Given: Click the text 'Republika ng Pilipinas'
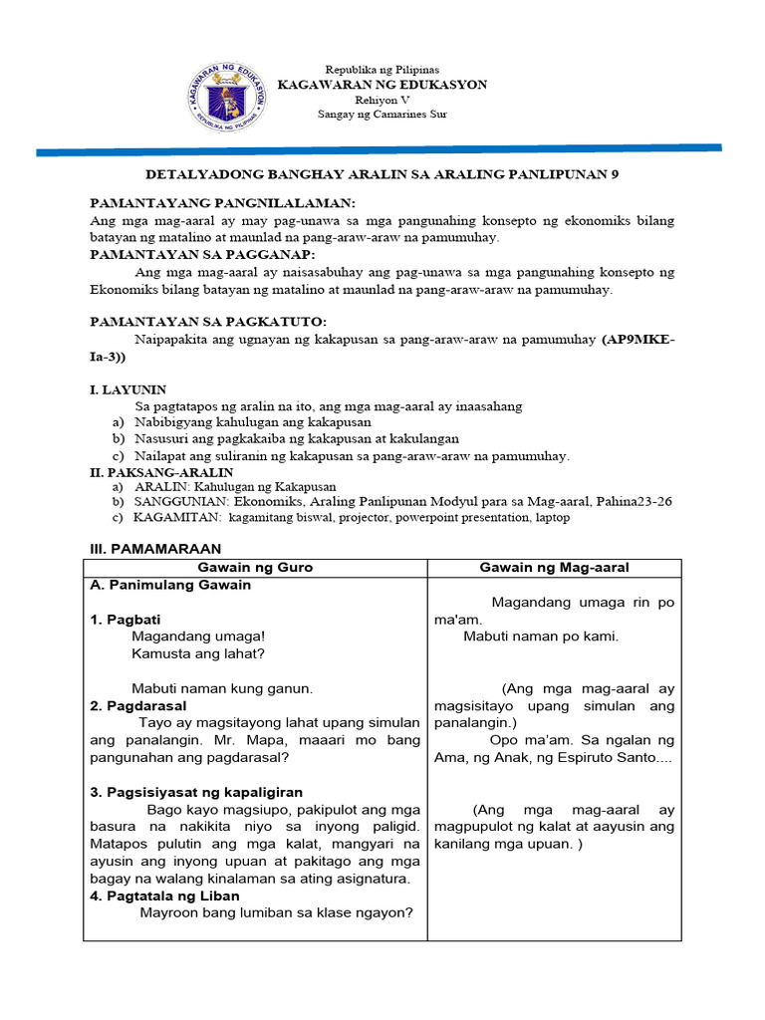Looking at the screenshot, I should (382, 70).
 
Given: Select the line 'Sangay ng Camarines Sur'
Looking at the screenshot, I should (382, 115).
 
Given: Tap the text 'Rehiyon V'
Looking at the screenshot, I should (382, 100).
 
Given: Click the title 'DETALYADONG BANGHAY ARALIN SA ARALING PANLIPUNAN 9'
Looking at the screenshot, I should (382, 173).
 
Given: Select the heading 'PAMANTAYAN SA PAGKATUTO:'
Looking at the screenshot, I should (208, 322).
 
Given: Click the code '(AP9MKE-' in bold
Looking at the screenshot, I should (637, 340).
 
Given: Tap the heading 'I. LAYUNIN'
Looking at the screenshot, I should (128, 389).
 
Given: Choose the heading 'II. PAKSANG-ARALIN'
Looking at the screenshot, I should (161, 472).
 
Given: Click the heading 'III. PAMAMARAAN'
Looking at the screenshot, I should (155, 549).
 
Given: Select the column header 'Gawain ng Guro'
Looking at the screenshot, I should (255, 568).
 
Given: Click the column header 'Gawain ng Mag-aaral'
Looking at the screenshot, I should (554, 568).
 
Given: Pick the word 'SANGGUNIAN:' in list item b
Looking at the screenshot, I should (181, 502).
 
